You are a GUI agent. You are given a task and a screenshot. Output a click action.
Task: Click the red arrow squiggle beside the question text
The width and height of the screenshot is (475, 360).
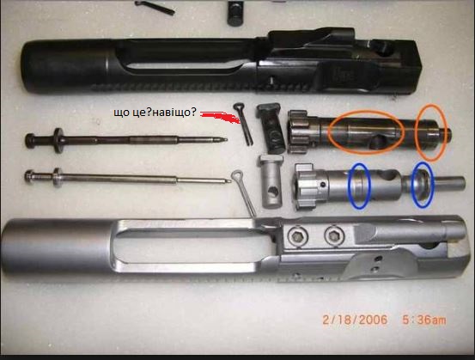tap(221, 117)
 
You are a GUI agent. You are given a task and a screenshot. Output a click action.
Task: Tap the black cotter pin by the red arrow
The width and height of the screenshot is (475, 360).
tap(243, 124)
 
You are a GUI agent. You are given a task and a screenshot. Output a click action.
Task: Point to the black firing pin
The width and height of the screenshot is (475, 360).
tap(126, 140)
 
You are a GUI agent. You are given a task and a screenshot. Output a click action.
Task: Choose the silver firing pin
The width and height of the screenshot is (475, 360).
tap(127, 178)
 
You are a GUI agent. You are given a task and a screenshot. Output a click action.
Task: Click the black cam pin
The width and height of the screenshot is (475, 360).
tap(271, 127)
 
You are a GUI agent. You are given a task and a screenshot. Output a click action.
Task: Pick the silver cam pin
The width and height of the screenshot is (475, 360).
tap(271, 181)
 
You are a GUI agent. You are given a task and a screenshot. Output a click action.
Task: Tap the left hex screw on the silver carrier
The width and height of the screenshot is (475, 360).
tap(298, 235)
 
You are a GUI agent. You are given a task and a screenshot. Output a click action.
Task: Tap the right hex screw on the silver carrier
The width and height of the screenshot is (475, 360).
tap(334, 235)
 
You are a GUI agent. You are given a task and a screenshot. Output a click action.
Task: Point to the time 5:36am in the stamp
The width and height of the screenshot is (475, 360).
tap(424, 320)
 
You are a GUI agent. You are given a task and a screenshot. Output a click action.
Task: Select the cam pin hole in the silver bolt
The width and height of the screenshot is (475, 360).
tap(390, 175)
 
